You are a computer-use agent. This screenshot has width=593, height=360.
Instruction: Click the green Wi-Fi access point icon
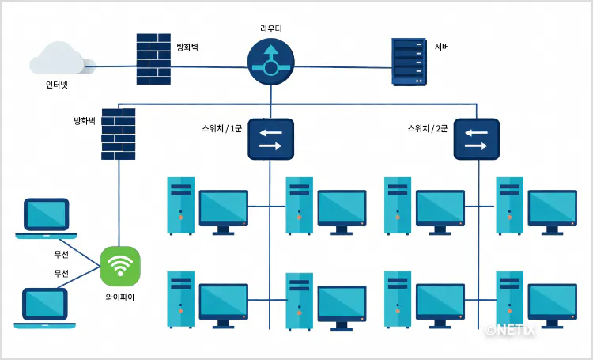(120, 267)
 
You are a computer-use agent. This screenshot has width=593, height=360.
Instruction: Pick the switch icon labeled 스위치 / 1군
(270, 139)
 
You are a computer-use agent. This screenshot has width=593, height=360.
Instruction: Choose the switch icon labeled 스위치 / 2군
(477, 139)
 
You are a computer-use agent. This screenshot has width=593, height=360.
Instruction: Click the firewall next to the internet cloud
(153, 59)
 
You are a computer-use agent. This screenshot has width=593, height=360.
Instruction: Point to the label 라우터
(270, 28)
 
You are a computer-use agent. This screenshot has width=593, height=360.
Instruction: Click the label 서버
(442, 47)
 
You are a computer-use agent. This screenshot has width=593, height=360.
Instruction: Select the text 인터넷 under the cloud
(57, 85)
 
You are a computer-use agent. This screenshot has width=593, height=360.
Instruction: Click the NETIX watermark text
(511, 330)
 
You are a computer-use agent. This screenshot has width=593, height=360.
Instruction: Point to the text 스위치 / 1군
(221, 128)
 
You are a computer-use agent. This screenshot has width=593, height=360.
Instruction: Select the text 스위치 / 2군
(427, 128)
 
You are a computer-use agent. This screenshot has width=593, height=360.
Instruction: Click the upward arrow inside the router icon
(270, 54)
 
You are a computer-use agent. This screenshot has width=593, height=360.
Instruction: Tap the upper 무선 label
(61, 255)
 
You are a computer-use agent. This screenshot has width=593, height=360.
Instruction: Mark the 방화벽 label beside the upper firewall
(187, 47)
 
